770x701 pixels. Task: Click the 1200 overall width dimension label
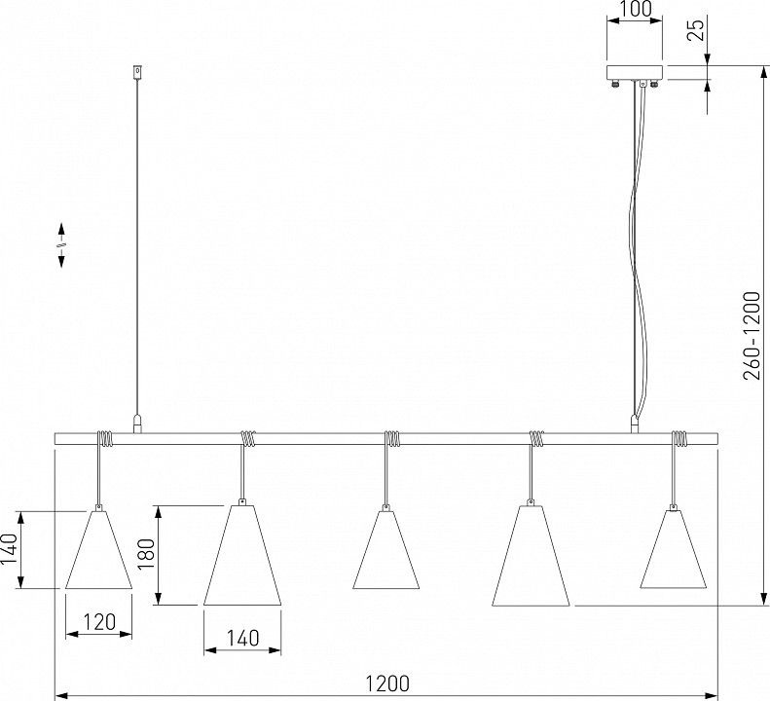pyautogui.click(x=387, y=683)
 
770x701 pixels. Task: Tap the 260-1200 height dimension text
pyautogui.click(x=752, y=336)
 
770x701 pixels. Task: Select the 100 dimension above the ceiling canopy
pyautogui.click(x=635, y=9)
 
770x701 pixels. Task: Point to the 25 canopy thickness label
pyautogui.click(x=695, y=28)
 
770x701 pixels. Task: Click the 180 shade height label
pyautogui.click(x=146, y=554)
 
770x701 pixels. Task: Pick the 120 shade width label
pyautogui.click(x=99, y=622)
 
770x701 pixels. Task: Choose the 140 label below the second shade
pyautogui.click(x=242, y=638)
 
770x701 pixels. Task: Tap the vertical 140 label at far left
pyautogui.click(x=10, y=549)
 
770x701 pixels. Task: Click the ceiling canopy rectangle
pyautogui.click(x=635, y=72)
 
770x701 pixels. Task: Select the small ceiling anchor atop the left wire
pyautogui.click(x=137, y=72)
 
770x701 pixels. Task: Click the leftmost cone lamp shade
pyautogui.click(x=98, y=549)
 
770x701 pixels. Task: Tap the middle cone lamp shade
pyautogui.click(x=386, y=549)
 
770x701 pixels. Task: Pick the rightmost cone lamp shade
pyautogui.click(x=674, y=549)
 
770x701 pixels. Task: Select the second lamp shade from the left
pyautogui.click(x=242, y=555)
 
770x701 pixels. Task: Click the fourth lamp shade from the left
pyautogui.click(x=531, y=555)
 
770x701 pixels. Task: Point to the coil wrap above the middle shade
pyautogui.click(x=392, y=439)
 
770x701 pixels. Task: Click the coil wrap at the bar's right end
pyautogui.click(x=679, y=439)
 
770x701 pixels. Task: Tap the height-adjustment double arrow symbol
pyautogui.click(x=62, y=245)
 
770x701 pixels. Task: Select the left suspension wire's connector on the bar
pyautogui.click(x=137, y=424)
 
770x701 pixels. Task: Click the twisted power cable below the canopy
pyautogui.click(x=638, y=250)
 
